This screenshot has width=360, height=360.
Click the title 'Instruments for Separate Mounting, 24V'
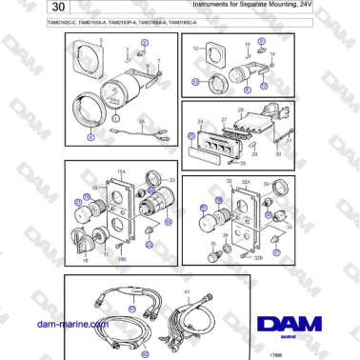pyautogui.click(x=229, y=8)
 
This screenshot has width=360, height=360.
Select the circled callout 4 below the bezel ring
pyautogui.click(x=91, y=137)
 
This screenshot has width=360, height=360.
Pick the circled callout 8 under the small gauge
pyautogui.click(x=248, y=88)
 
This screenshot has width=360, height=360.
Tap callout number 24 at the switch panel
pyautogui.click(x=201, y=123)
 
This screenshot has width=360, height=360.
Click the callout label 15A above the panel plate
pyautogui.click(x=121, y=172)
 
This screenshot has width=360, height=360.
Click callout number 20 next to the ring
pyautogui.click(x=171, y=180)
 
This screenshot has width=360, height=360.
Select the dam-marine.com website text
pyautogui.click(x=70, y=325)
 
